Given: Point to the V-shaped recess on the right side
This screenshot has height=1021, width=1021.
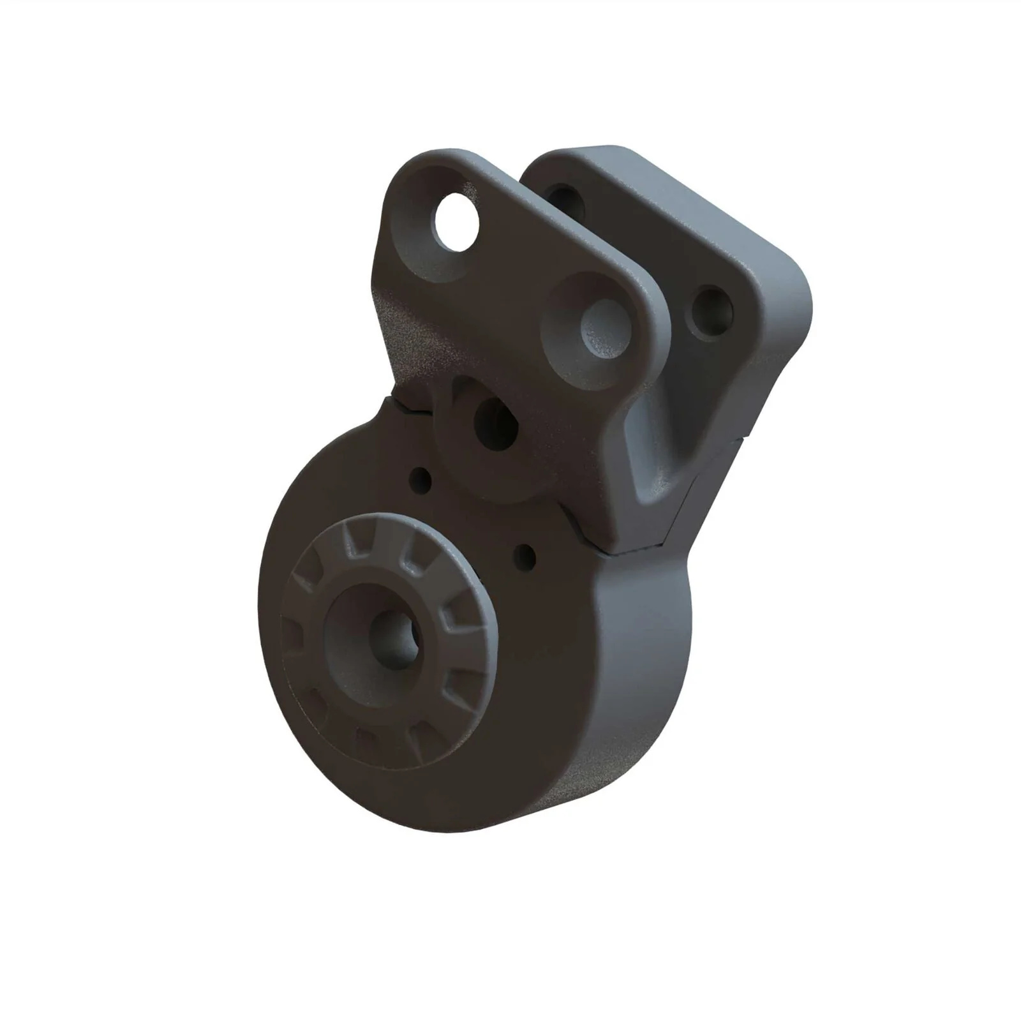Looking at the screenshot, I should (x=651, y=447).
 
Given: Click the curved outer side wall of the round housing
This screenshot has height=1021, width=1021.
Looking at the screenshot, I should (x=638, y=670).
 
